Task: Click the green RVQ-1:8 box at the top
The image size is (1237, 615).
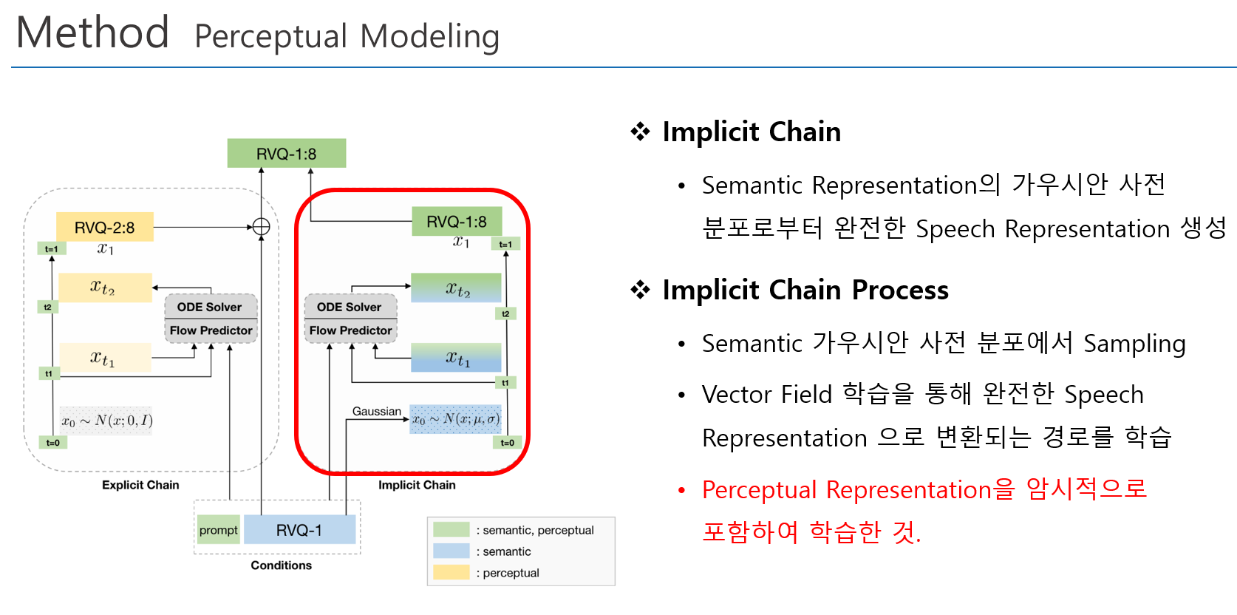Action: click(x=286, y=154)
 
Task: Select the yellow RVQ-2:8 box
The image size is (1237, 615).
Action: click(x=105, y=228)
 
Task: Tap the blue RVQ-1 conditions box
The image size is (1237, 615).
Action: click(x=299, y=530)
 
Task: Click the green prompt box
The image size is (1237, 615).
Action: click(x=218, y=530)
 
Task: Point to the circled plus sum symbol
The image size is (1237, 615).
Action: click(x=261, y=227)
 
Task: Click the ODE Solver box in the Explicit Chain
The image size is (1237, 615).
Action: click(x=210, y=307)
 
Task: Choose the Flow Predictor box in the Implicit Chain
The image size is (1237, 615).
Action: click(x=350, y=330)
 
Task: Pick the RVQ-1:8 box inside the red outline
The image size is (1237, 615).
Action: click(x=457, y=222)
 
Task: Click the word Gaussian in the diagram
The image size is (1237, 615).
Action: click(x=376, y=411)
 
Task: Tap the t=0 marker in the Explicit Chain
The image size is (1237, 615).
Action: click(x=52, y=443)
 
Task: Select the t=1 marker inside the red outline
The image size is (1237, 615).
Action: click(x=505, y=244)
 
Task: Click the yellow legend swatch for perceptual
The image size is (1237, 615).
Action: click(x=451, y=572)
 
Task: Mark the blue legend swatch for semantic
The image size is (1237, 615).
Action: click(x=451, y=551)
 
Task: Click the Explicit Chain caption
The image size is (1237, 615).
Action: click(x=140, y=485)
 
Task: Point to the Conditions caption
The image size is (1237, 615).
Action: click(x=281, y=565)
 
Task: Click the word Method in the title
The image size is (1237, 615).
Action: click(x=92, y=33)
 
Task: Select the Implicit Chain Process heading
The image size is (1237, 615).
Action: click(x=805, y=290)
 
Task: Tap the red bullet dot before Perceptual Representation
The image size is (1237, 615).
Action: click(x=682, y=490)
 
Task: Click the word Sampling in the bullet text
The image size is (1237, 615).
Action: click(x=1134, y=344)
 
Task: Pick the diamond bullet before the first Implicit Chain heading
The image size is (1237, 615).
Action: click(x=640, y=132)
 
